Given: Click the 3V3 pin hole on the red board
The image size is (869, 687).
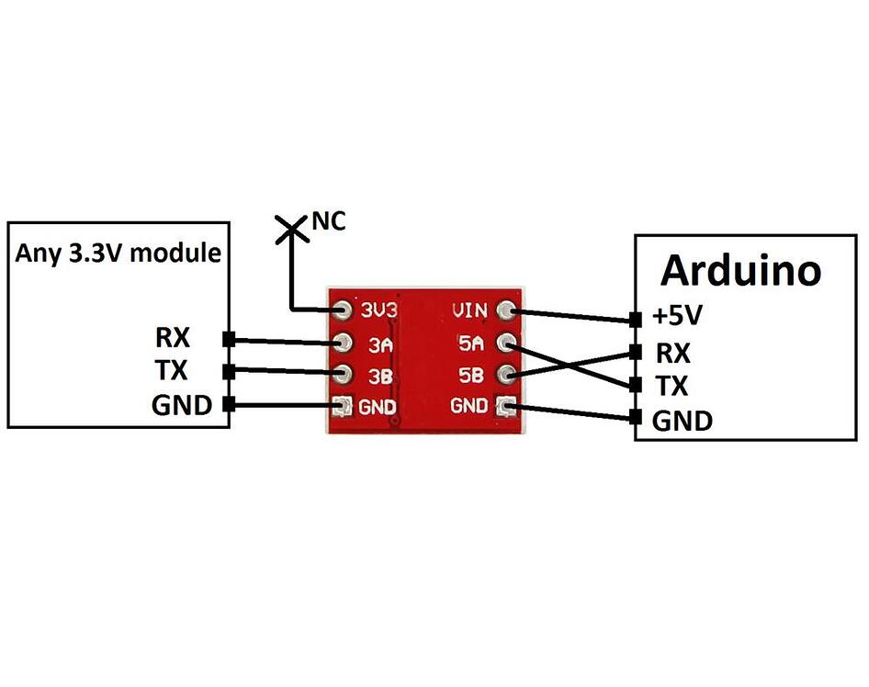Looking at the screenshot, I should coord(344,310).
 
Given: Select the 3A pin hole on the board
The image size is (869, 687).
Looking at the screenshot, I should coord(344,343).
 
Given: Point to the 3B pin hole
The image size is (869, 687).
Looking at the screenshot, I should coord(344,374).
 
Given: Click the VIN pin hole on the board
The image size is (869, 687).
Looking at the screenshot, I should coord(506,310).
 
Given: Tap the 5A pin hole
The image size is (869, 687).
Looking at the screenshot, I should coord(506,343).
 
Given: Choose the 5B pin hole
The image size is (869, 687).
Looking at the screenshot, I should coord(506,374).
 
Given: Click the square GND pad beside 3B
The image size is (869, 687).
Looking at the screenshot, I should coord(344,405).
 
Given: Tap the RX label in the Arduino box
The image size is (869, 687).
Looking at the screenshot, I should coord(671,352).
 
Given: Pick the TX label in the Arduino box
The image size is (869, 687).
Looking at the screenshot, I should coord(671,386).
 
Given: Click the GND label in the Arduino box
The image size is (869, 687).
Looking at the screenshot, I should coord(682,422).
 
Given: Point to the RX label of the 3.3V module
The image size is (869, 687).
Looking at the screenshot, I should coord(172,338).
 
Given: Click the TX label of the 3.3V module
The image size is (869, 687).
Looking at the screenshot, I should coord(172,371).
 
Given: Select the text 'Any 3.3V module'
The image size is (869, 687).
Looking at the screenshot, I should coord(118,253).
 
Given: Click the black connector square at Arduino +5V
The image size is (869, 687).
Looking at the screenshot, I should coord(635,320).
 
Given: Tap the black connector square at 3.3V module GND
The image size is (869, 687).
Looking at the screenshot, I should coord(228,405).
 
